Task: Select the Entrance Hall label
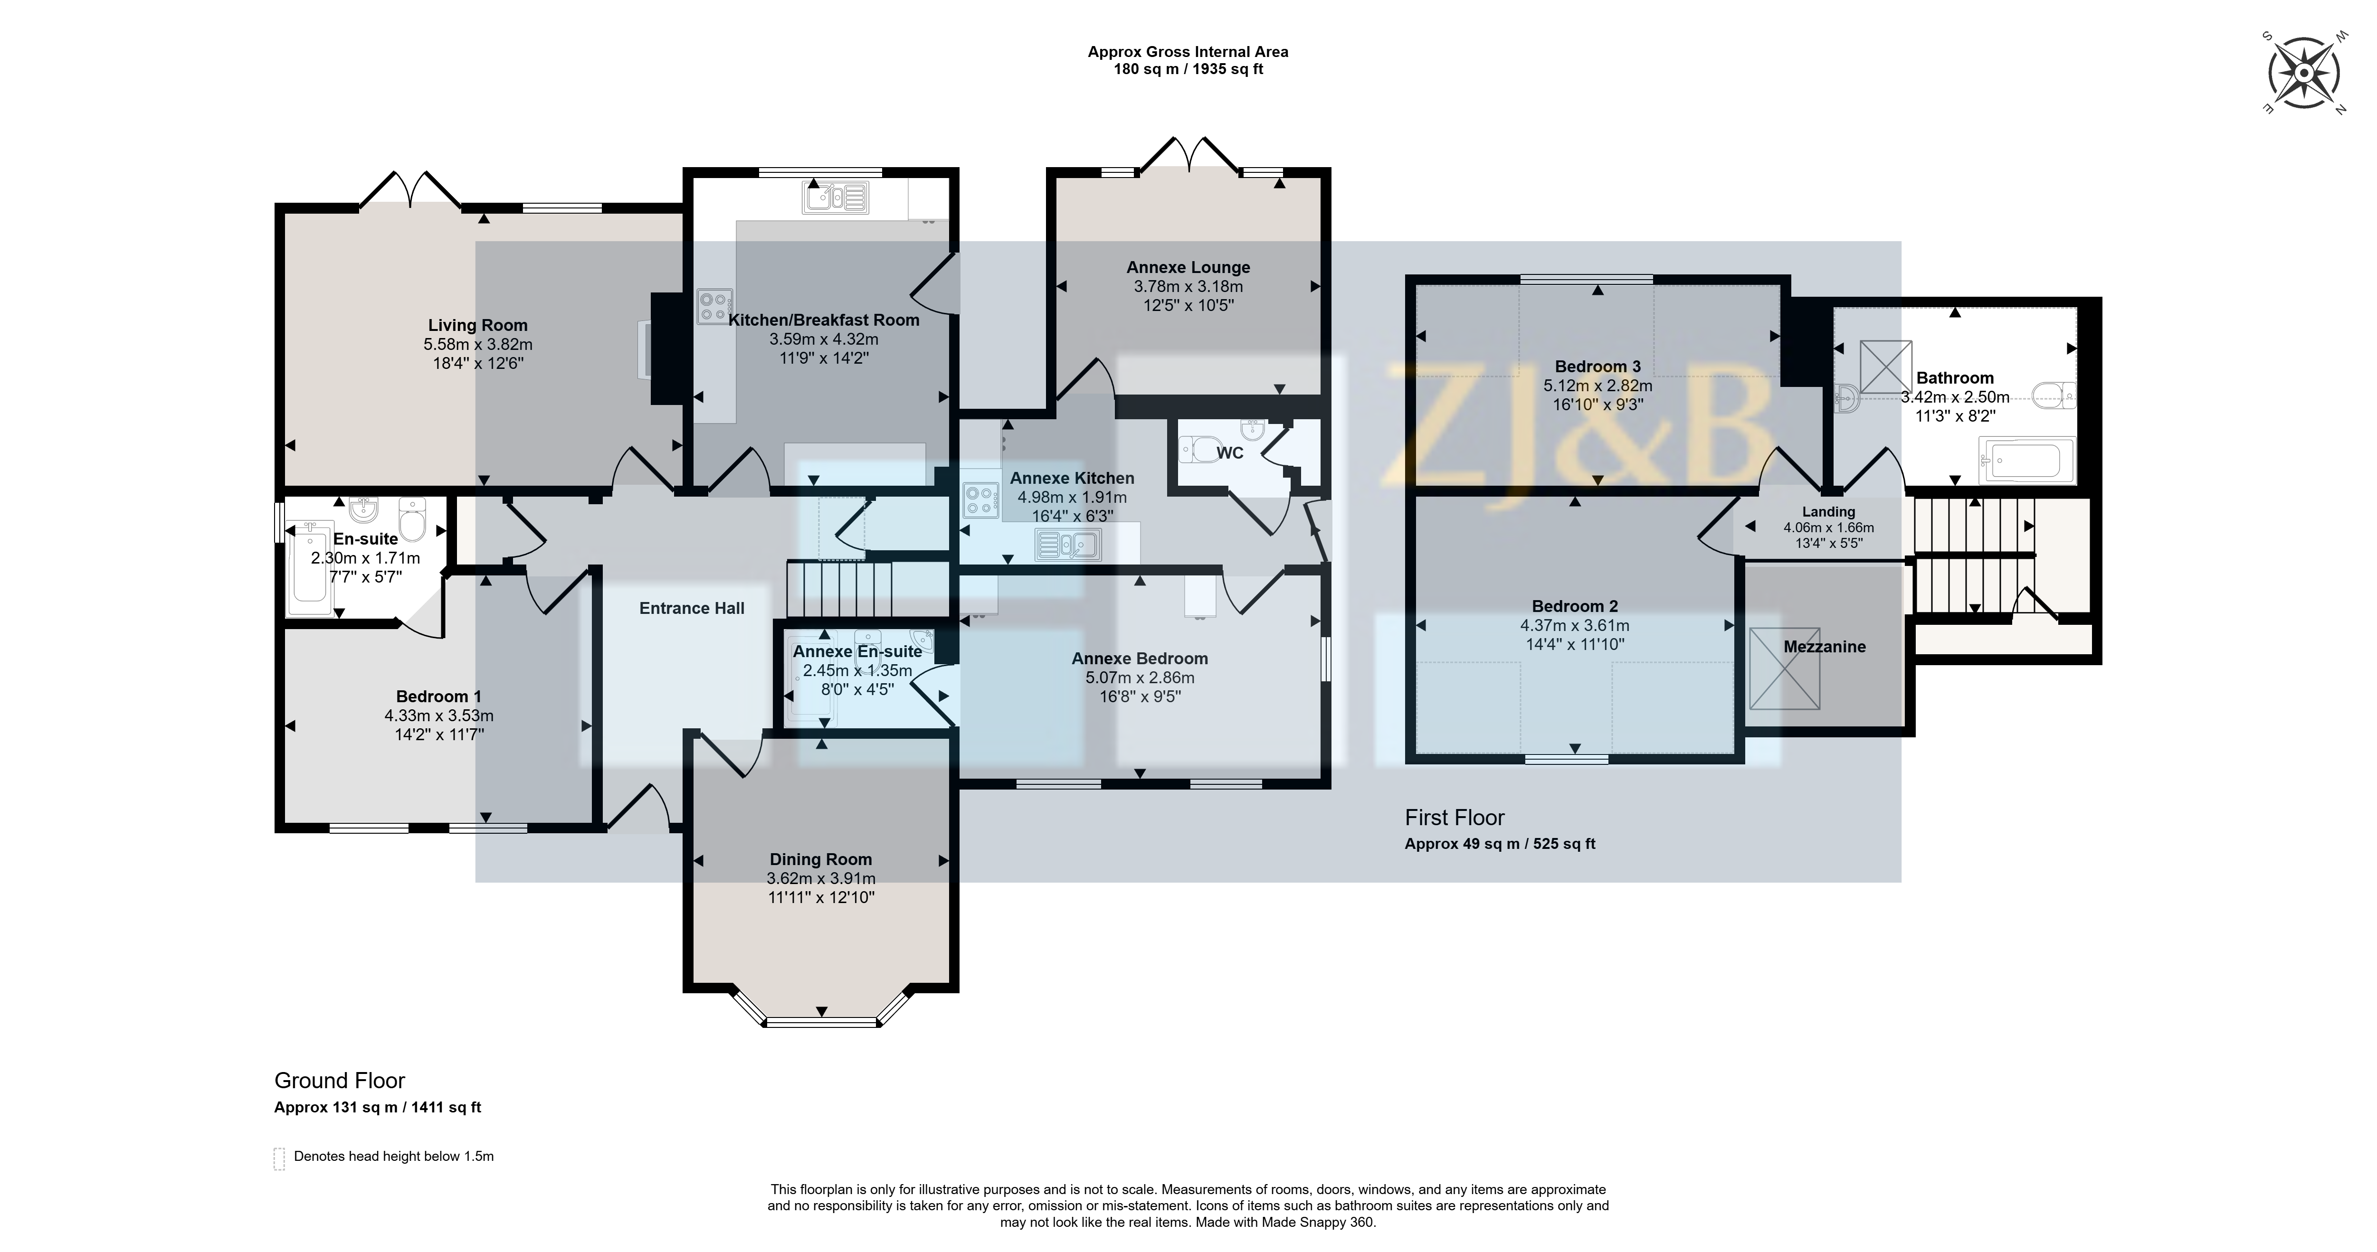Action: [x=692, y=608]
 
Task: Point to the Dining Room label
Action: [x=820, y=859]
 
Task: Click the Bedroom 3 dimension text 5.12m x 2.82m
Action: [x=1597, y=386]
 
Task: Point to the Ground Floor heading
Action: [x=340, y=1081]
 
